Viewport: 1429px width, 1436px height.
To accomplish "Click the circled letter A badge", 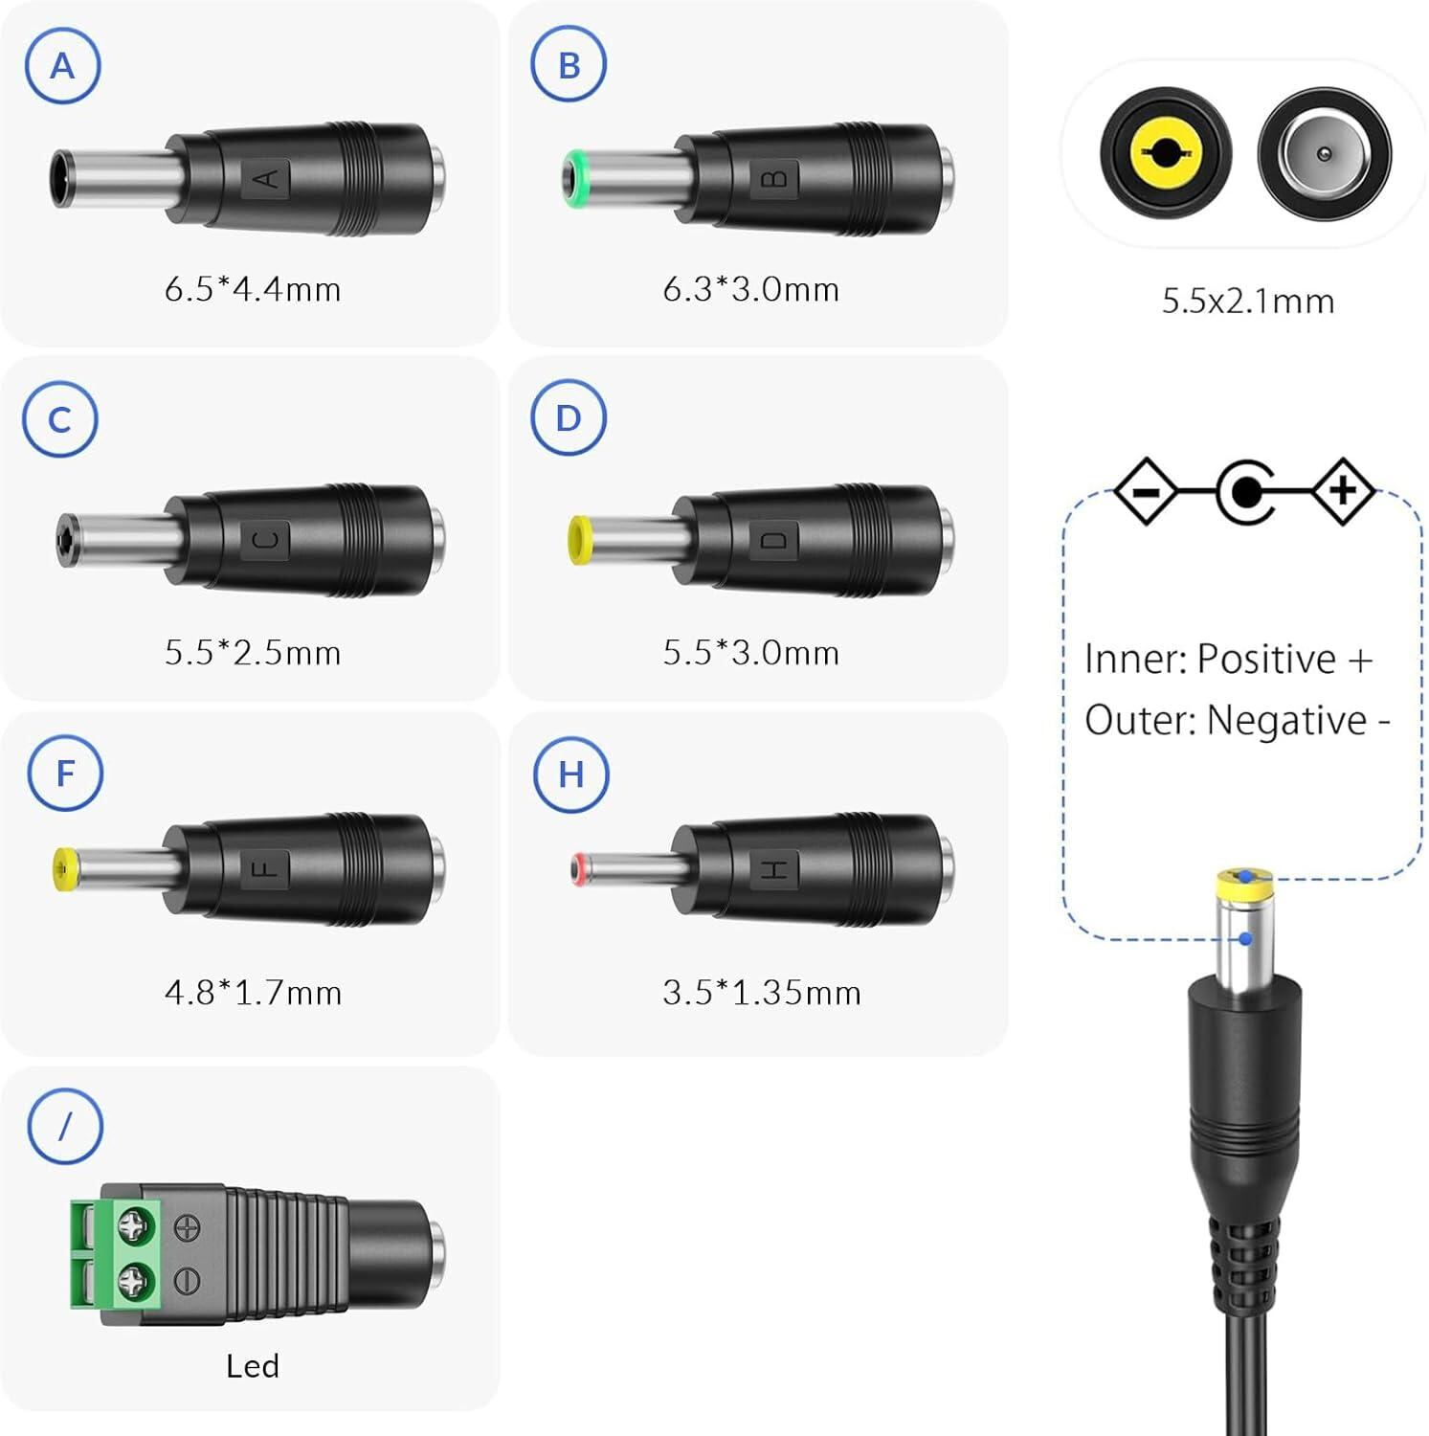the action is coord(62,66).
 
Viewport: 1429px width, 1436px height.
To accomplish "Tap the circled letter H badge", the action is coord(570,774).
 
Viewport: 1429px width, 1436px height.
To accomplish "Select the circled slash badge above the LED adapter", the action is coord(64,1126).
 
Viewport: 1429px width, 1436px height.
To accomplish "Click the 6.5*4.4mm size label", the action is coord(253,289).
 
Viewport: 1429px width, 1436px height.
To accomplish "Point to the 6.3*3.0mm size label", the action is coord(751,289).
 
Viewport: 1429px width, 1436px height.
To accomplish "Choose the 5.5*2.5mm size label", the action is coord(253,653).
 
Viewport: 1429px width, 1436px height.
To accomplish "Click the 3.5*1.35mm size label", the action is coord(762,993).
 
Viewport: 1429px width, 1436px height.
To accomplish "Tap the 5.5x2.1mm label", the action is coord(1248,302).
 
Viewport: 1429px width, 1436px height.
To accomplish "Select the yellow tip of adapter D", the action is coord(580,540).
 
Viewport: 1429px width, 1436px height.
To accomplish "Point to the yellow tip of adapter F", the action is coord(65,869).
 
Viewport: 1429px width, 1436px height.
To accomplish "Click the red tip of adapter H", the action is coord(577,869).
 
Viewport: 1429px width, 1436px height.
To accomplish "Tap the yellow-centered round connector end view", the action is coord(1165,153).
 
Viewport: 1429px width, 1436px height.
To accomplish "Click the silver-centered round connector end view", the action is coord(1324,153).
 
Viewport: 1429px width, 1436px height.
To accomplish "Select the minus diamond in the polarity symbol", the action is coord(1146,492).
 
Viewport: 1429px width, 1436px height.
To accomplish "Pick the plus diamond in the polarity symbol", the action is coord(1343,491).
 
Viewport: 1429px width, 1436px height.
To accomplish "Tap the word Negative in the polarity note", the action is coord(1286,721).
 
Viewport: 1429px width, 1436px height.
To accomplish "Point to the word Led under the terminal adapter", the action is coord(253,1365).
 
